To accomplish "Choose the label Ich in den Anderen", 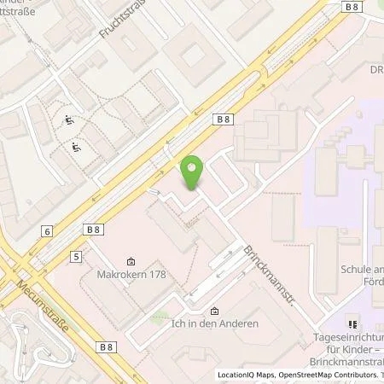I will [215, 324].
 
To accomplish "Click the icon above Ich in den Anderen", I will [214, 311].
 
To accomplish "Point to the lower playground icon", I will [76, 148].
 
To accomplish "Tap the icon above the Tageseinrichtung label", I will [352, 325].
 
